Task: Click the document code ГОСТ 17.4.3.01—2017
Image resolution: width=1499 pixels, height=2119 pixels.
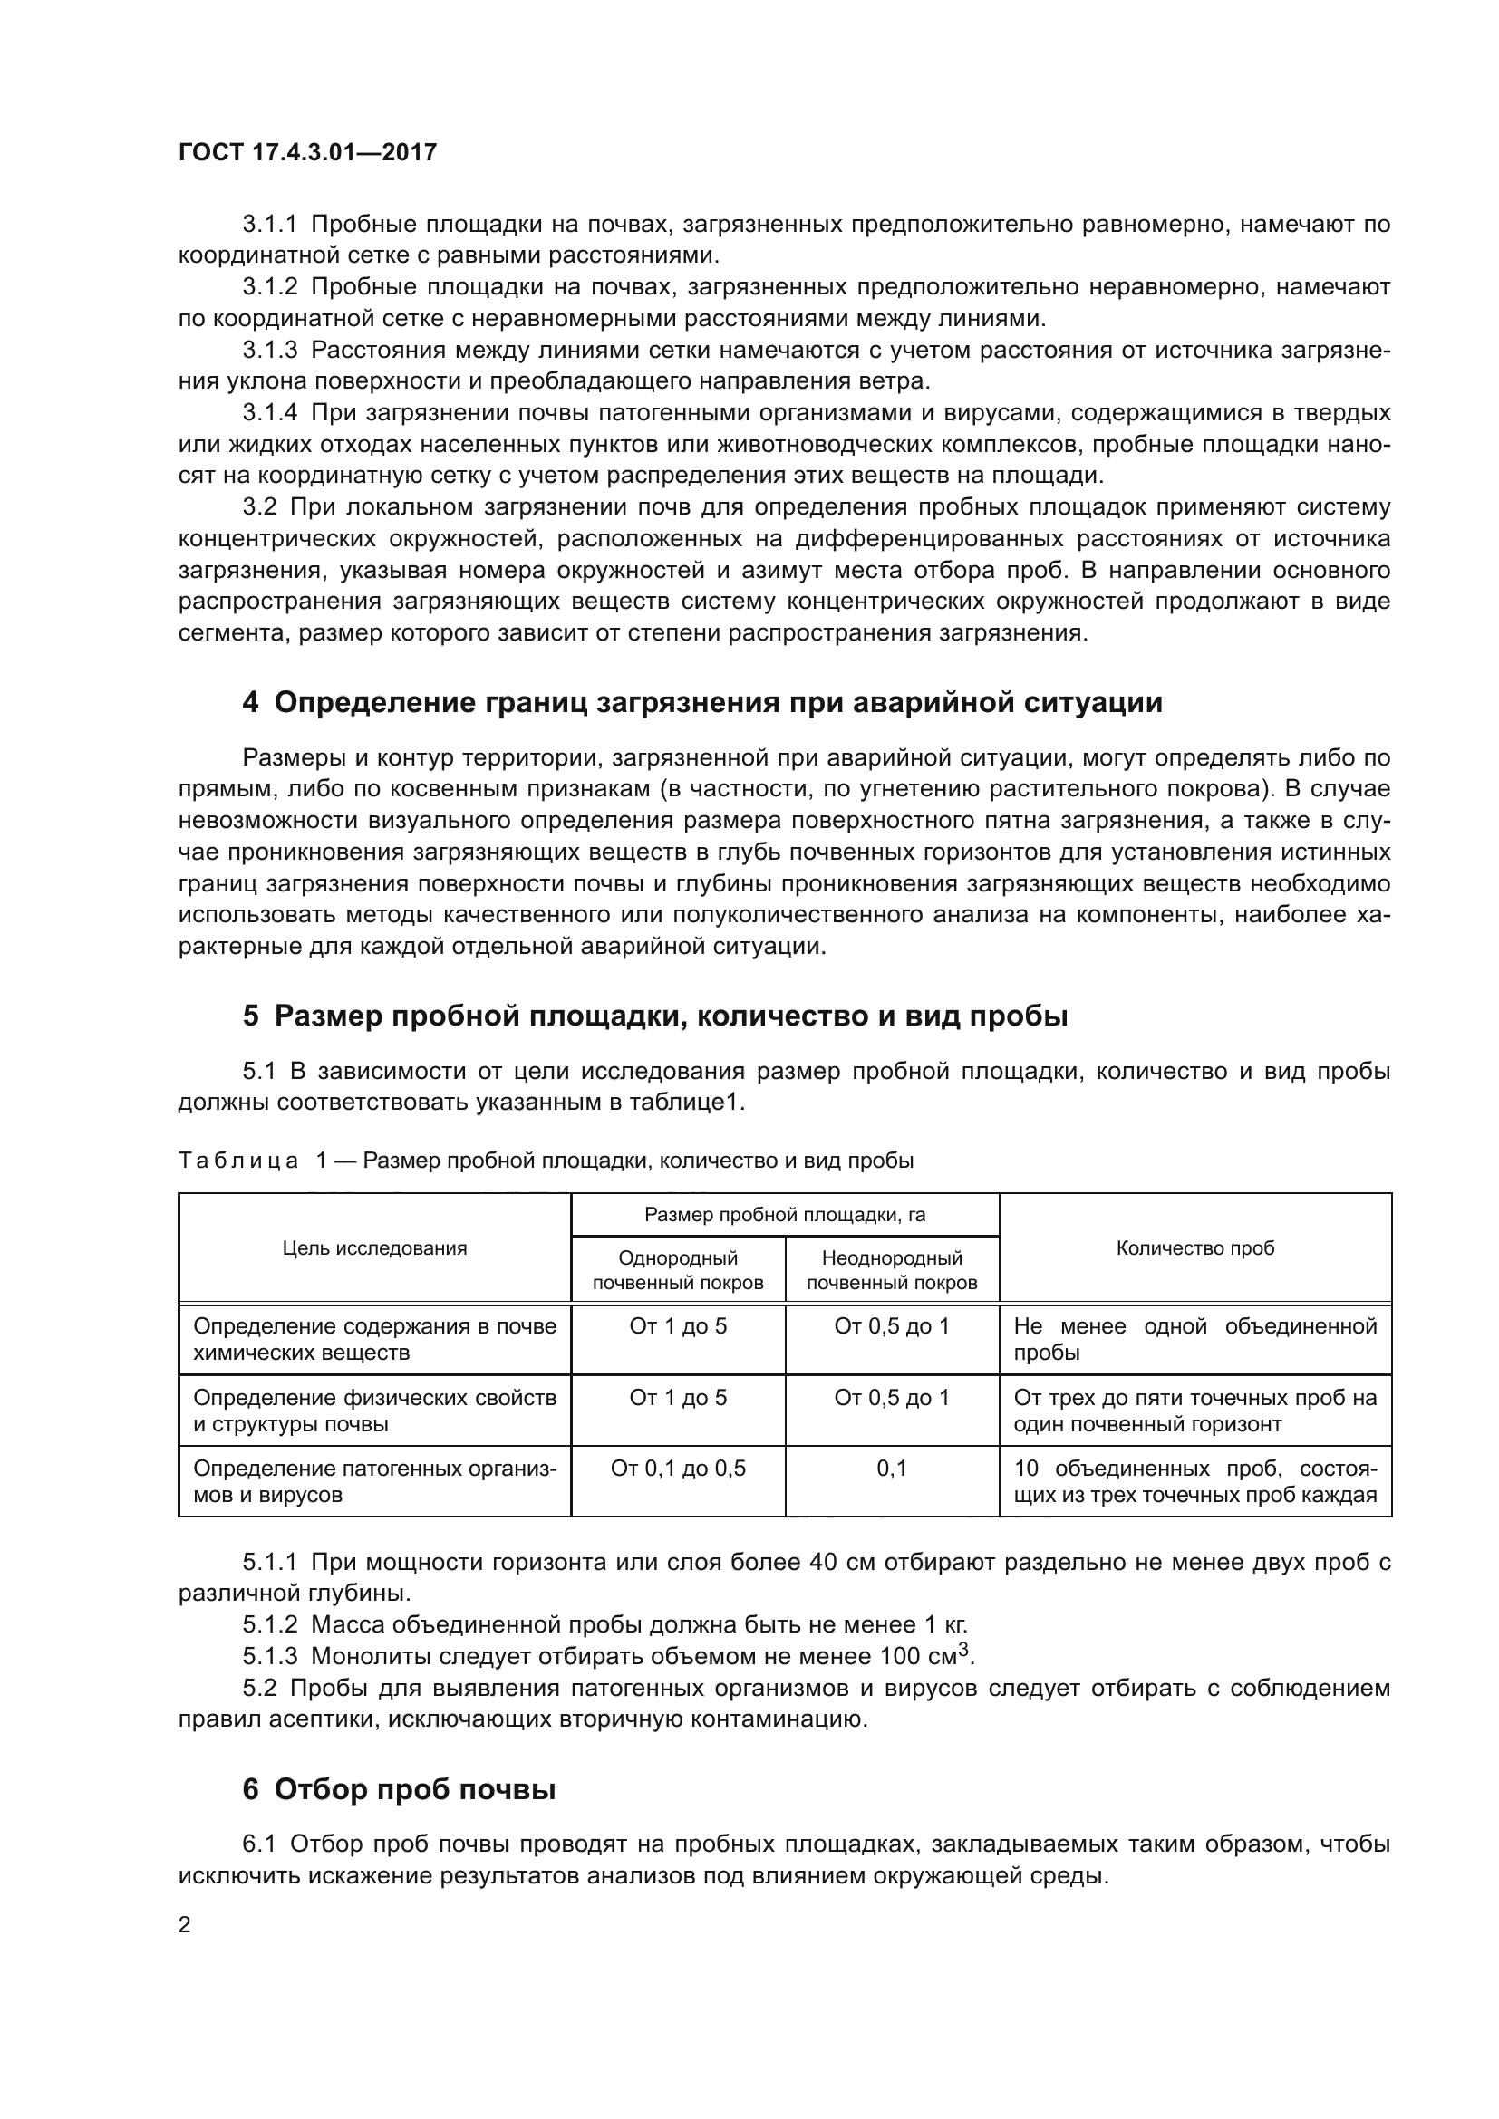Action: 307,152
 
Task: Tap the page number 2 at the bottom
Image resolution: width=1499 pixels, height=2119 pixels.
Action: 185,1925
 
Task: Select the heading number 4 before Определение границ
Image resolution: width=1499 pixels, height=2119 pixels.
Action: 250,702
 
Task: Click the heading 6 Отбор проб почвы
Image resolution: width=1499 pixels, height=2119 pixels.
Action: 399,1789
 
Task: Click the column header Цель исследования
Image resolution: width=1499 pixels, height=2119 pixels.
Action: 375,1248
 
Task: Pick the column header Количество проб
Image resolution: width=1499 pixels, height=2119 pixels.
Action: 1194,1248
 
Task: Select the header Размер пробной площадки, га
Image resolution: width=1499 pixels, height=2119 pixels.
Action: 785,1215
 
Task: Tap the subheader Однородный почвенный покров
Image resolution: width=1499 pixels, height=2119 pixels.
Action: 678,1270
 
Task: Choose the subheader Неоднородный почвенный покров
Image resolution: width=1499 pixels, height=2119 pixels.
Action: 892,1270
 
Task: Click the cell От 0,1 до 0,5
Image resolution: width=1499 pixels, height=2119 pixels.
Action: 678,1469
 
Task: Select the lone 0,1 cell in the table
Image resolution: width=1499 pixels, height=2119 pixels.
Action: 892,1469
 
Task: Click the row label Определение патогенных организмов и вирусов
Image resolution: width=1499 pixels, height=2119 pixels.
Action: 375,1481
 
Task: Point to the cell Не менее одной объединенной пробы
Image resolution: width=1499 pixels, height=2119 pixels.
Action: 1194,1339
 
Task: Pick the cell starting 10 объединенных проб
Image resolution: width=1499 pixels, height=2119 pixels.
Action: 1194,1481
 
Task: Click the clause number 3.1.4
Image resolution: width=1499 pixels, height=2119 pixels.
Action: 269,412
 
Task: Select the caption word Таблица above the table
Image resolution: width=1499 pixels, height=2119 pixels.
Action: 238,1161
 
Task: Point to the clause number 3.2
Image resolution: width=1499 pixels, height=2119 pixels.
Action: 259,506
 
